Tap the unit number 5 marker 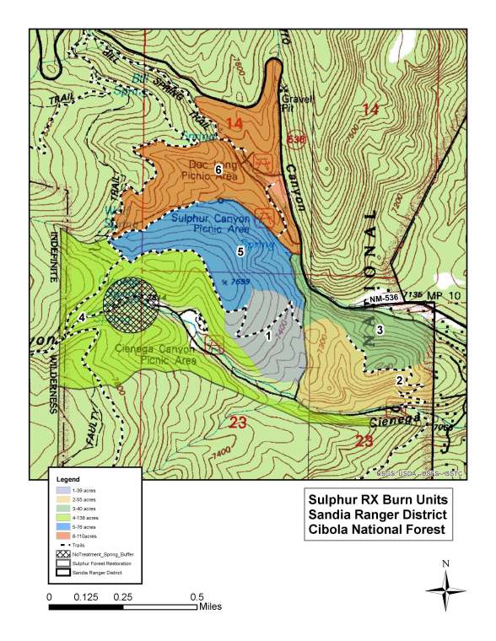(x=240, y=251)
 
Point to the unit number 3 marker (x=380, y=329)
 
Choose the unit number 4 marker (x=82, y=316)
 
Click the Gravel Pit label (x=297, y=102)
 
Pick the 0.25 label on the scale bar (x=124, y=596)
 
